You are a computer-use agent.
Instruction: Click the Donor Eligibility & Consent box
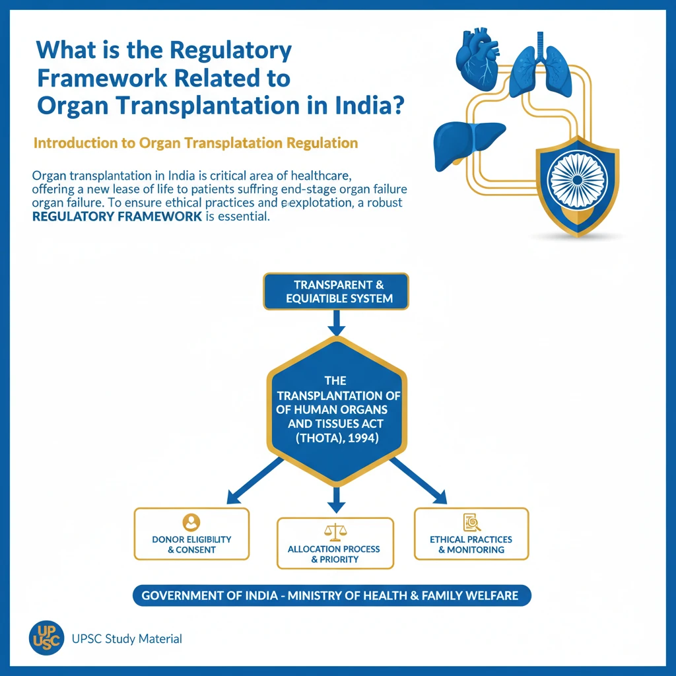coord(191,534)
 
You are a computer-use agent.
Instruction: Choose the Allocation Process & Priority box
coord(335,543)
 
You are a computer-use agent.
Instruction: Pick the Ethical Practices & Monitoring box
coord(471,534)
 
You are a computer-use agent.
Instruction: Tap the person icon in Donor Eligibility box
coord(191,522)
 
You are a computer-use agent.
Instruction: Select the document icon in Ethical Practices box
coord(471,522)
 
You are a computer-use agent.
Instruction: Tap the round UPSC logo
coord(46,637)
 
